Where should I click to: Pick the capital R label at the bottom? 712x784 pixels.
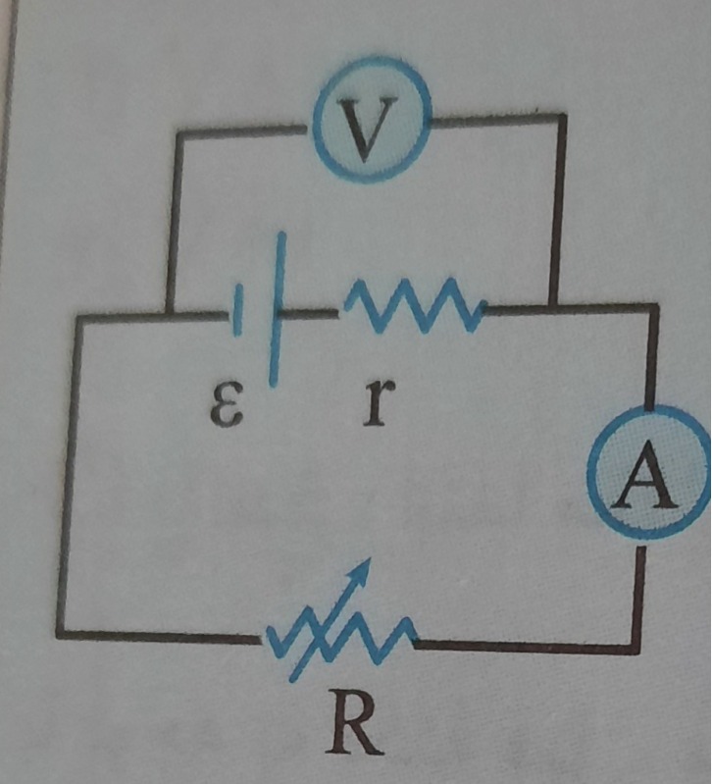coord(354,727)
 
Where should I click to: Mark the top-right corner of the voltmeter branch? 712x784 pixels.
coord(563,119)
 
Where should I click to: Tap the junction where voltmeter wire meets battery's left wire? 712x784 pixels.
coord(169,315)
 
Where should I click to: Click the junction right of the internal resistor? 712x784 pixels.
coord(552,307)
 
